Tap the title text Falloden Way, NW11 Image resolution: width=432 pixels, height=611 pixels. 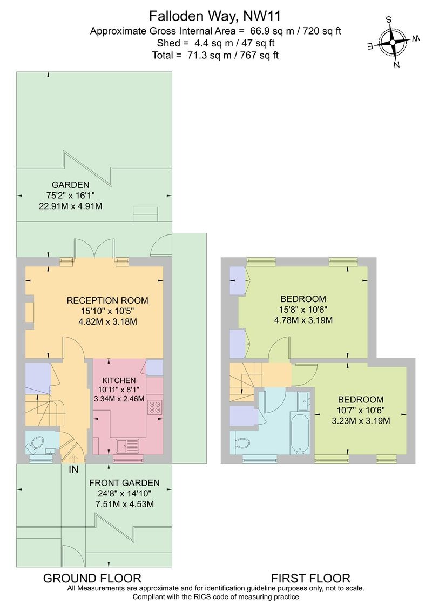point(215,15)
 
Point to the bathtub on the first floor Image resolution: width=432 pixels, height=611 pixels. point(300,434)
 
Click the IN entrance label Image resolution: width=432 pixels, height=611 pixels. point(73,469)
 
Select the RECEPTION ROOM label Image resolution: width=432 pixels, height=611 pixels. point(107,300)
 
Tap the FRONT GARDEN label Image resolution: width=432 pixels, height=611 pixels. point(124,483)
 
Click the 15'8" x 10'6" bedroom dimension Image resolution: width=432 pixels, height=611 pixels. point(303,310)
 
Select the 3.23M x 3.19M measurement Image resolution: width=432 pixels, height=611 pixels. point(361,420)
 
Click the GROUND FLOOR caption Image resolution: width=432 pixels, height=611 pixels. point(92,578)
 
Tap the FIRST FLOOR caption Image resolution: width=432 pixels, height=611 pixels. point(310,578)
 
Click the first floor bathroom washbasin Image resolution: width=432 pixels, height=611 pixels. point(303,400)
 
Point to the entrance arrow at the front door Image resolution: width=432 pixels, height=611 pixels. point(73,458)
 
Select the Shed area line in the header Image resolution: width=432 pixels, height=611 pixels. point(215,43)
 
